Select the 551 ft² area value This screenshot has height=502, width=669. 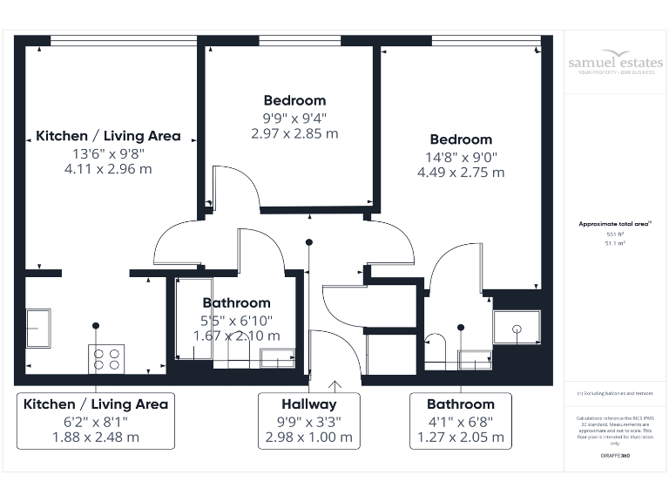(x=615, y=235)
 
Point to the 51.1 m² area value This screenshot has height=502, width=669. (x=615, y=245)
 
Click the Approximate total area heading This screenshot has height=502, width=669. (x=614, y=224)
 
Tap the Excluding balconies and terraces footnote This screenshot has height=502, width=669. (x=614, y=395)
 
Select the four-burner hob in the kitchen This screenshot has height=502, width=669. (x=106, y=358)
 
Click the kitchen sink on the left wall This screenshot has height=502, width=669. (x=37, y=328)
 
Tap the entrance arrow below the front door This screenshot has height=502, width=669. (x=334, y=384)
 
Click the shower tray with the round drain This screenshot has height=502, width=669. (x=517, y=328)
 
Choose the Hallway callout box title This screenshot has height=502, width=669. (x=308, y=404)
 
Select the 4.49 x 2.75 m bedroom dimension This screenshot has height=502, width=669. (x=460, y=173)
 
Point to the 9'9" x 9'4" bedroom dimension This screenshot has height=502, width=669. (x=294, y=118)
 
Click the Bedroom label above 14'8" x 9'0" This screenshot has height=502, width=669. (x=460, y=139)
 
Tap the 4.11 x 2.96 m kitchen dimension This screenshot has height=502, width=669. (x=108, y=169)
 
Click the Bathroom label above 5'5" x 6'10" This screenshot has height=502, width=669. (x=236, y=303)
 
